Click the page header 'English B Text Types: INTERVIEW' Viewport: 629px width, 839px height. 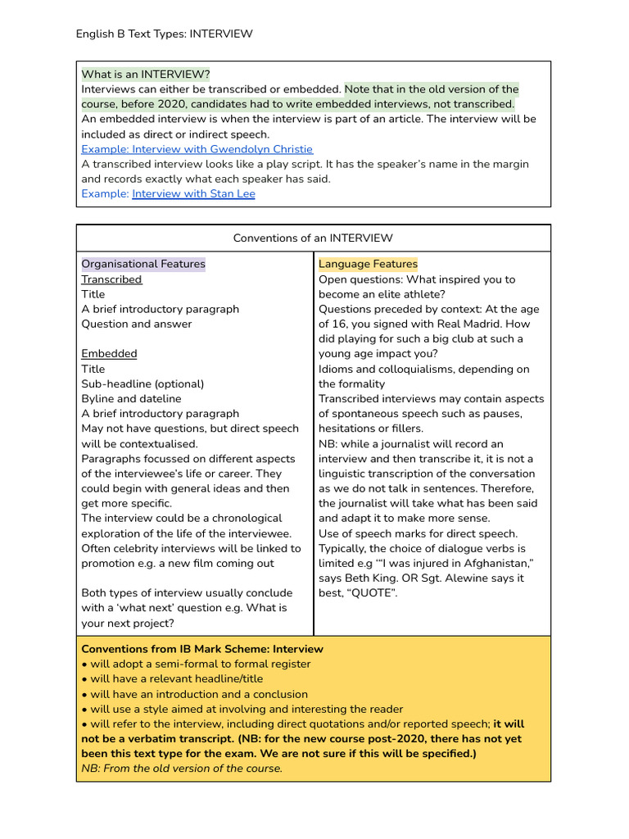[164, 34]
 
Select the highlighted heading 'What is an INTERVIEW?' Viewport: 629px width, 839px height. [146, 75]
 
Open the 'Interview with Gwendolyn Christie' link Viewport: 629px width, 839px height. [197, 149]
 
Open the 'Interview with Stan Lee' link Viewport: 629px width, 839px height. [193, 193]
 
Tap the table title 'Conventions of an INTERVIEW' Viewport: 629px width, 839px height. [313, 238]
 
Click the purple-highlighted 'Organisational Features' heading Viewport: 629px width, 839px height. [143, 264]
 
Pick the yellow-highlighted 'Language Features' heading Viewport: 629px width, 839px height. [368, 264]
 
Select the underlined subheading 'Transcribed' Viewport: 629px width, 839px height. [111, 279]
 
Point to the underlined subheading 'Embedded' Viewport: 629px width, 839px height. [109, 354]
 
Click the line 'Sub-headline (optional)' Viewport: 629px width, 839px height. [143, 383]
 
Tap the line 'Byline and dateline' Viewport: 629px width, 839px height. [131, 399]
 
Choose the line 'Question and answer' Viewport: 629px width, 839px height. [136, 324]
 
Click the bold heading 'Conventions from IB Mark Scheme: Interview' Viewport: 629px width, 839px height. [202, 649]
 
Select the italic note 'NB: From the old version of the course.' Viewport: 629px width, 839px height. [182, 769]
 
